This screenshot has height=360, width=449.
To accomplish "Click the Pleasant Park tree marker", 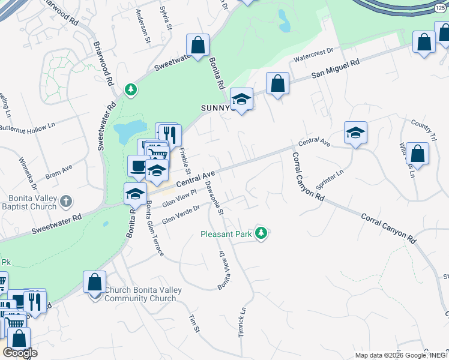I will click(261, 232).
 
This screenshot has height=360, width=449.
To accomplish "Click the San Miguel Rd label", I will click(335, 70).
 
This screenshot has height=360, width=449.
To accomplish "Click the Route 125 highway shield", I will click(441, 6).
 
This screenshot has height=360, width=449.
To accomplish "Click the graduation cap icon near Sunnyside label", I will click(241, 100).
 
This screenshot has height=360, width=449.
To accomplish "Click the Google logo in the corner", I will click(19, 353).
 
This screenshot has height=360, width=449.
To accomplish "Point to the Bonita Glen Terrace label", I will click(154, 230).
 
